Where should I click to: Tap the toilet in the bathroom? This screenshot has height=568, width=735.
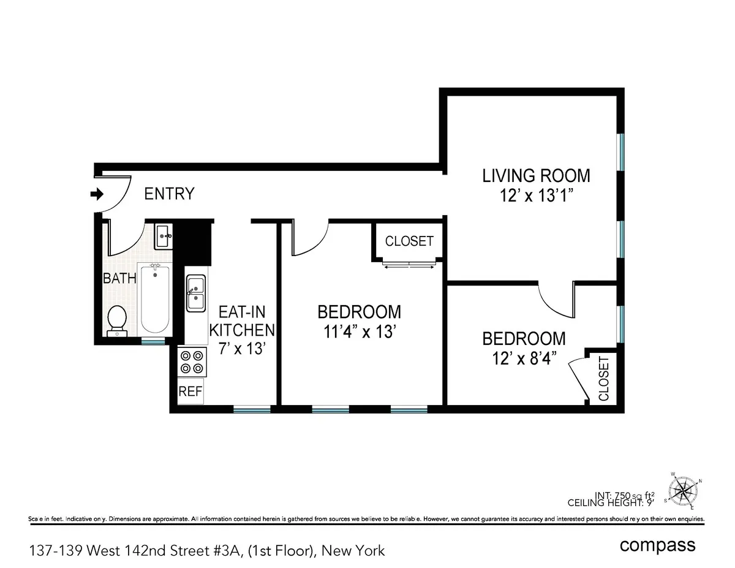click(116, 320)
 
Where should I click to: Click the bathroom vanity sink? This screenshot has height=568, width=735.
click(164, 235)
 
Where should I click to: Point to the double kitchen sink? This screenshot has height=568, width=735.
click(196, 293)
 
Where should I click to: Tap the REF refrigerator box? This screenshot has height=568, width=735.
click(190, 392)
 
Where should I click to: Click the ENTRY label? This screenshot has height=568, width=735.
click(169, 194)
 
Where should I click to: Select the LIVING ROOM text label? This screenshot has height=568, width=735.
click(536, 176)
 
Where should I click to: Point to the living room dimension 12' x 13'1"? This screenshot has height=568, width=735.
click(536, 196)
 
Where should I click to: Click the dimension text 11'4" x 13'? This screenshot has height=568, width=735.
click(359, 332)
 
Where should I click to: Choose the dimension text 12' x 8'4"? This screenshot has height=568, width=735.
click(524, 358)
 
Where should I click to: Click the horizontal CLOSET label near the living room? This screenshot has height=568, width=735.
click(409, 241)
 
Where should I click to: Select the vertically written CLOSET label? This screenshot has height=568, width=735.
click(603, 378)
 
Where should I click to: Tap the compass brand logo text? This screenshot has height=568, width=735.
click(657, 545)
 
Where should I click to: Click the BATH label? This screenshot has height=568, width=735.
click(119, 278)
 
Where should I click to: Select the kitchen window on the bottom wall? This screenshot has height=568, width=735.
click(251, 409)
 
